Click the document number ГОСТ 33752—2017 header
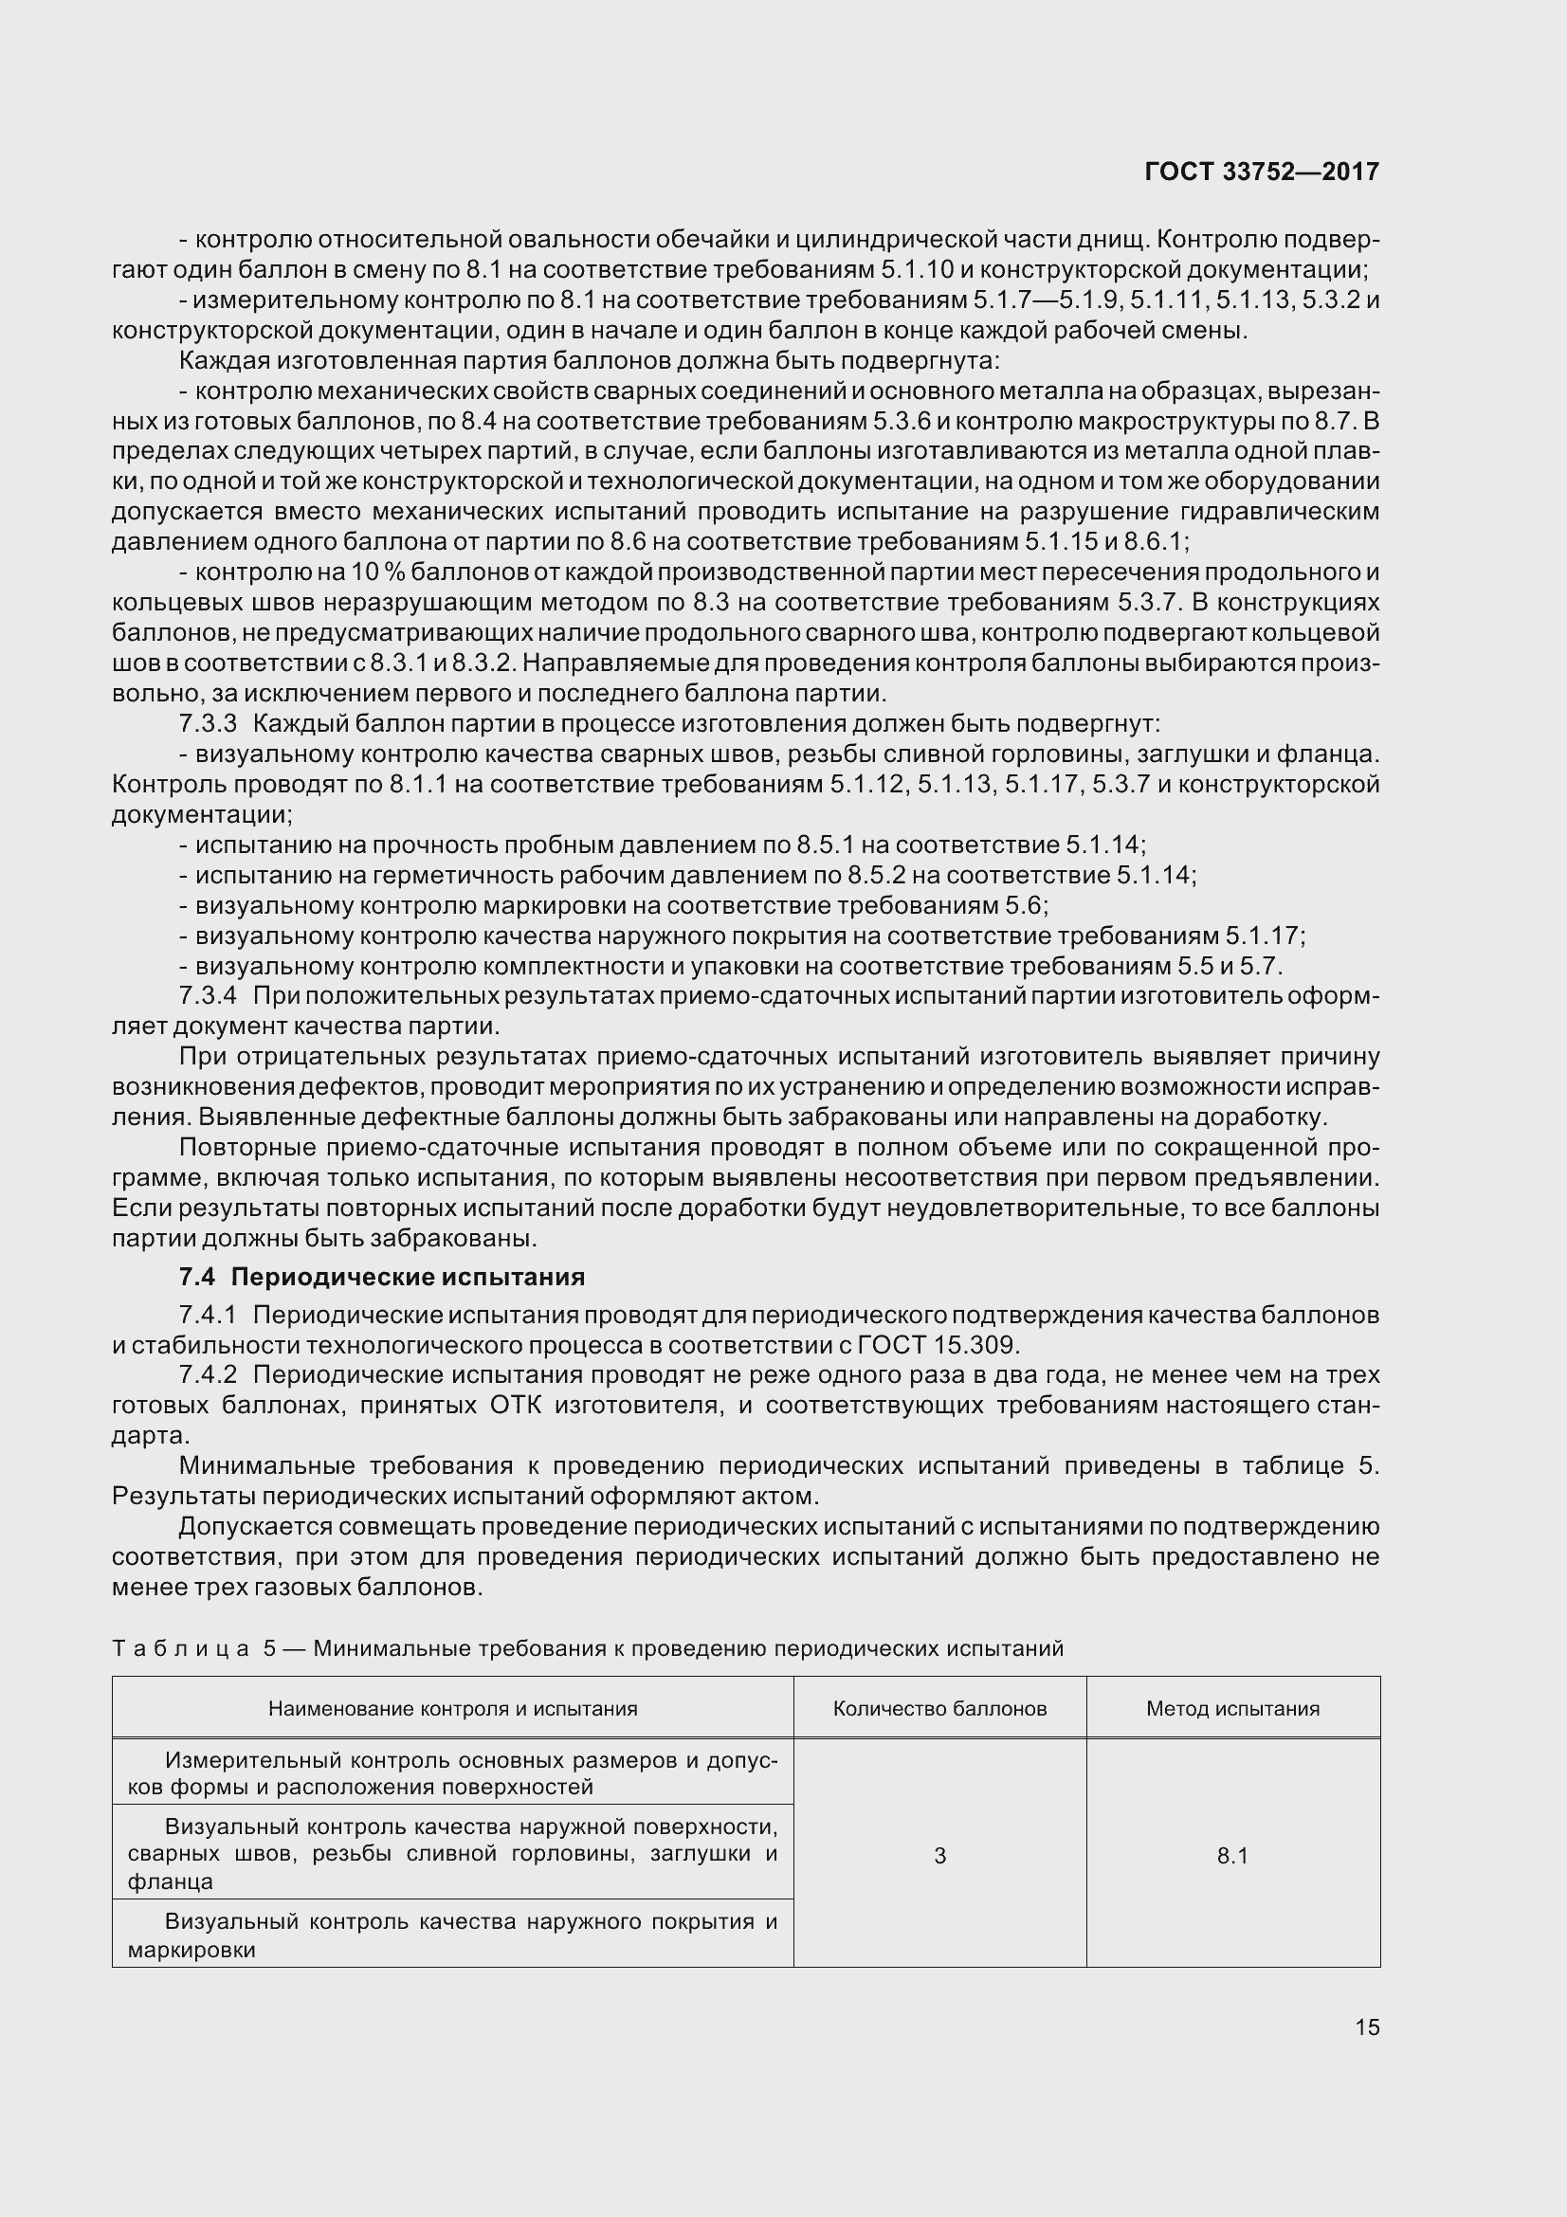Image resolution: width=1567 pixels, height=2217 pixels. coord(1261,172)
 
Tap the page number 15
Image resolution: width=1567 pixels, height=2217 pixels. coord(1366,2026)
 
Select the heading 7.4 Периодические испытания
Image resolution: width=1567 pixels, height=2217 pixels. coord(381,1277)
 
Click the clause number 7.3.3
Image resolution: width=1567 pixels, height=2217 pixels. coord(208,723)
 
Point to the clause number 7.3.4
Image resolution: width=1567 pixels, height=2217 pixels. coord(208,994)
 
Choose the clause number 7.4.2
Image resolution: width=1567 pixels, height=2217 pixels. coord(208,1374)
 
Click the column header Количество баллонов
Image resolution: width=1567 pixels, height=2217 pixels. coord(939,1708)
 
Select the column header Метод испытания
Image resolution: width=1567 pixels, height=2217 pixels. coord(1232,1708)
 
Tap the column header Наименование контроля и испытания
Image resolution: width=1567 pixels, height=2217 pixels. coord(453,1708)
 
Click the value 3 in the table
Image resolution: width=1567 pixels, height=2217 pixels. coord(939,1855)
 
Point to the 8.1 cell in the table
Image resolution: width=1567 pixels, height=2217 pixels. coord(1232,1855)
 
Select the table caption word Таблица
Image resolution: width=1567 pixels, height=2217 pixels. coord(179,1648)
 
